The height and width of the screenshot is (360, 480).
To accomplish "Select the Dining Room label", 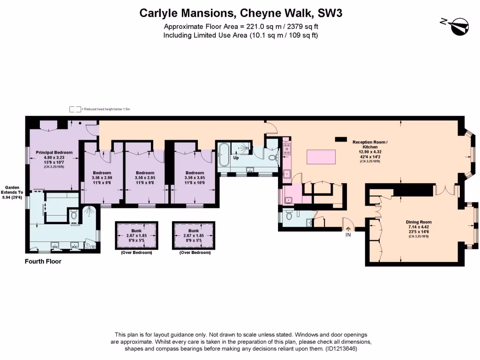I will click(419, 222).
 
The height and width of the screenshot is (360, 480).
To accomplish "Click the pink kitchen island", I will click(321, 155).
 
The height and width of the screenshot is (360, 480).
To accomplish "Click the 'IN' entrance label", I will click(348, 235).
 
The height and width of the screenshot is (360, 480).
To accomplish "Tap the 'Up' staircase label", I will click(236, 158).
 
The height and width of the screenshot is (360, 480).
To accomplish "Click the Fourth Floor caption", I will click(43, 262).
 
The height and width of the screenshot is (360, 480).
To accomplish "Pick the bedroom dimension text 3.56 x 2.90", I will click(102, 178).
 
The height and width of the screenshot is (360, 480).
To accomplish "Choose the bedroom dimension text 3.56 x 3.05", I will click(195, 178).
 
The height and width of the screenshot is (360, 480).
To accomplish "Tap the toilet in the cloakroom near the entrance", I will click(288, 215).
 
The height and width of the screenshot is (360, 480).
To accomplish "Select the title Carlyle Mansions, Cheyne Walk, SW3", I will click(241, 13).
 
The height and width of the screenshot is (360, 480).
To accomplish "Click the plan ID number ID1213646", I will click(341, 349).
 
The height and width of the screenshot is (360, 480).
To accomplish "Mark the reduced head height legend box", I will click(75, 109).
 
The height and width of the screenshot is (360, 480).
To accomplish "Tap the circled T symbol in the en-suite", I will click(88, 245).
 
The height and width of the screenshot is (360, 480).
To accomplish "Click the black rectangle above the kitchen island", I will click(340, 139).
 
